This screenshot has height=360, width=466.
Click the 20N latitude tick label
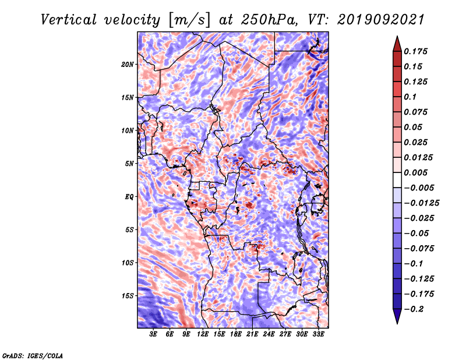click(128, 64)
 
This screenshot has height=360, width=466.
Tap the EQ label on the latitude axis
click(129, 196)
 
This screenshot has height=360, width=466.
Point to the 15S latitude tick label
click(128, 296)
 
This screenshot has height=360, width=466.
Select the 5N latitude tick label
click(129, 164)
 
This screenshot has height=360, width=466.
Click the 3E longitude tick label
click(153, 334)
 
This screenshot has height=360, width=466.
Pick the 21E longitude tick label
click(252, 334)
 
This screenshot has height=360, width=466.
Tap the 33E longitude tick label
click(318, 334)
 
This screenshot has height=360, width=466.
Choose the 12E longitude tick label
click(203, 334)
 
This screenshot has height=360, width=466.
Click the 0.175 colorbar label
click(415, 51)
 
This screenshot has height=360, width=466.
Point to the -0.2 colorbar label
click(414, 309)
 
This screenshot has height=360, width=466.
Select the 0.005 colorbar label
click(415, 172)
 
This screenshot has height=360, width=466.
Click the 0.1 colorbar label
click(410, 97)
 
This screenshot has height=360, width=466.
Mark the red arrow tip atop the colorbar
click(397, 37)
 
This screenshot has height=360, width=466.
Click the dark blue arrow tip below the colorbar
click(397, 323)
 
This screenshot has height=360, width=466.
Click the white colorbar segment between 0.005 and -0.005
click(397, 180)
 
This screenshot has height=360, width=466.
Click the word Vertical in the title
click(69, 20)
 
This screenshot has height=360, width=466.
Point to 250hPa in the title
click(269, 20)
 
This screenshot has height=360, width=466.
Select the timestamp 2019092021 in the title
click(381, 20)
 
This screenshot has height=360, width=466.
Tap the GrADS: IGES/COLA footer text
click(33, 355)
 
